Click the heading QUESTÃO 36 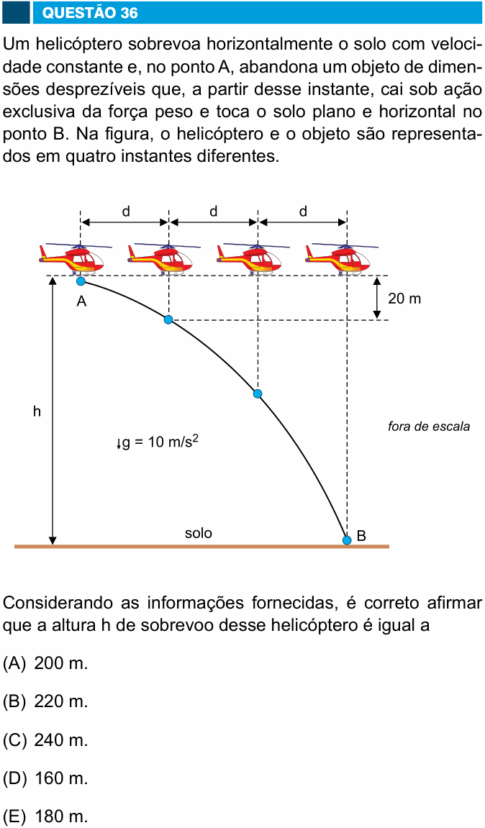pyautogui.click(x=90, y=12)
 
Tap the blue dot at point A pyautogui.click(x=81, y=281)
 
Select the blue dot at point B pyautogui.click(x=347, y=540)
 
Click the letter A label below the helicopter pyautogui.click(x=81, y=301)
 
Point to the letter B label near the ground pyautogui.click(x=361, y=536)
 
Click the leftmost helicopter pyautogui.click(x=75, y=258)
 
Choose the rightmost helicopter pyautogui.click(x=342, y=258)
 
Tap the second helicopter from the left pyautogui.click(x=164, y=258)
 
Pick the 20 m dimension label pyautogui.click(x=404, y=299)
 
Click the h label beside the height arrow pyautogui.click(x=37, y=411)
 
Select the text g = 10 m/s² pyautogui.click(x=158, y=442)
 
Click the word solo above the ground pyautogui.click(x=198, y=533)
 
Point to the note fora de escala pyautogui.click(x=428, y=426)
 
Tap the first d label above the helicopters pyautogui.click(x=126, y=211)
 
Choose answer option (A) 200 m pyautogui.click(x=45, y=663)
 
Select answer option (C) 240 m pyautogui.click(x=45, y=740)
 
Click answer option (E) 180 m pyautogui.click(x=45, y=817)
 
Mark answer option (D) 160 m pyautogui.click(x=45, y=778)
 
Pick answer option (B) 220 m pyautogui.click(x=45, y=702)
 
